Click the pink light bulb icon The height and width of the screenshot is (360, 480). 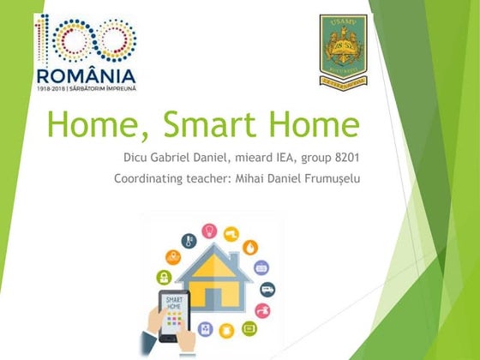tap(208, 231)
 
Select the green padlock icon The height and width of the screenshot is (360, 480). tap(161, 277)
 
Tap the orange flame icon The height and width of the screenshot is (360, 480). tap(249, 245)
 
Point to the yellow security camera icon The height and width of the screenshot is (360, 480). tap(231, 233)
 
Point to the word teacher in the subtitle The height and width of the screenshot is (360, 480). tap(214, 179)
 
